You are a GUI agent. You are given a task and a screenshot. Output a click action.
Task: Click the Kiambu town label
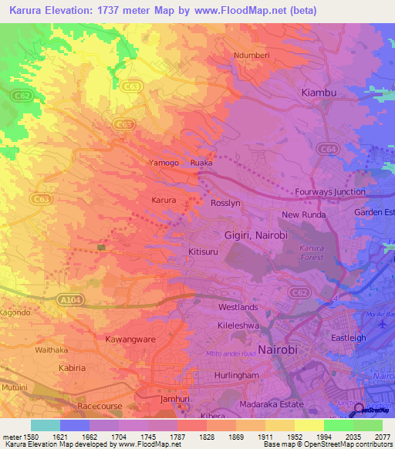coord(319,93)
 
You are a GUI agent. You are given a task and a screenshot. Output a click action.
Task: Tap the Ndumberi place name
coord(255,56)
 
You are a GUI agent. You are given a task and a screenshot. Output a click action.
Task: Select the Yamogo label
coord(164,164)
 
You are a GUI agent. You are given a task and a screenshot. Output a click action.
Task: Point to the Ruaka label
coord(201,164)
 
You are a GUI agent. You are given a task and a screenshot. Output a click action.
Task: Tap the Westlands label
coord(238,307)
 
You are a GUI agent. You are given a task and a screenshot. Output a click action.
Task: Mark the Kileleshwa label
coord(241,327)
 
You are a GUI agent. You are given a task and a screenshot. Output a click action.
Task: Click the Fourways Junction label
coord(330,192)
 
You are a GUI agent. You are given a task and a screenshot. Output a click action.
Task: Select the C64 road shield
coord(328,147)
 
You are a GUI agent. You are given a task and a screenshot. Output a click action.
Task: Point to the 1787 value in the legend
coord(177,437)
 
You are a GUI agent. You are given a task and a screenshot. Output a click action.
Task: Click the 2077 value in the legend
coord(383,437)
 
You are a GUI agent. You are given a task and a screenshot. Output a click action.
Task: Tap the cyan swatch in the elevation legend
coord(45,425)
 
